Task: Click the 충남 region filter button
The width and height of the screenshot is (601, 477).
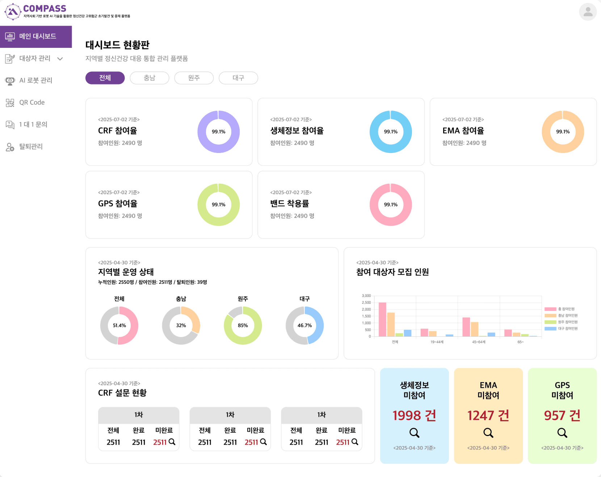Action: pos(149,78)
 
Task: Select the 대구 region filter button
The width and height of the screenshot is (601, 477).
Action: pos(238,78)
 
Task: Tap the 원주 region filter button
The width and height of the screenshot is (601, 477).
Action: pos(194,78)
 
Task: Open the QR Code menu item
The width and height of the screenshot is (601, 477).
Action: pos(32,103)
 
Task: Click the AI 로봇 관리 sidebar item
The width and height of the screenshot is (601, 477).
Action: pos(35,80)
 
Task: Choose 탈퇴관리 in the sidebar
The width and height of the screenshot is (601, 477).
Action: pos(31,146)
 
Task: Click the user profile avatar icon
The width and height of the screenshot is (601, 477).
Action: pos(588,12)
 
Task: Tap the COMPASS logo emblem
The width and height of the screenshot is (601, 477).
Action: pos(13,12)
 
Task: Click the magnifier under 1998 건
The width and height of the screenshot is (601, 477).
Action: pos(414,433)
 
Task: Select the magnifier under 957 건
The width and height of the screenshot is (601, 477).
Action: pos(562,433)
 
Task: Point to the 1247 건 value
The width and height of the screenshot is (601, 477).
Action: pos(488,415)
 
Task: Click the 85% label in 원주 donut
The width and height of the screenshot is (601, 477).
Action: pos(243,325)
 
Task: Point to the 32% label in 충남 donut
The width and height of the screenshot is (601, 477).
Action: pos(181,325)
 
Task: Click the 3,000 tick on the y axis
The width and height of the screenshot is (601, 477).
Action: pos(366,296)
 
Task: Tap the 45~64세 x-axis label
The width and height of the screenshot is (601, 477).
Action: pos(479,342)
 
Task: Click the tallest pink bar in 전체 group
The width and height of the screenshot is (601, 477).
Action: pos(382,319)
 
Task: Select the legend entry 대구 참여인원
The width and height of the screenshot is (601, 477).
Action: pos(567,329)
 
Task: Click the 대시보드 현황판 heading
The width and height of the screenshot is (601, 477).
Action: pos(117,45)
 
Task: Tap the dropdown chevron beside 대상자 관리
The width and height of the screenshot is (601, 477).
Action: pos(60,59)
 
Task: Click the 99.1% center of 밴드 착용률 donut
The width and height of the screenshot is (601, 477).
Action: pos(391,205)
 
